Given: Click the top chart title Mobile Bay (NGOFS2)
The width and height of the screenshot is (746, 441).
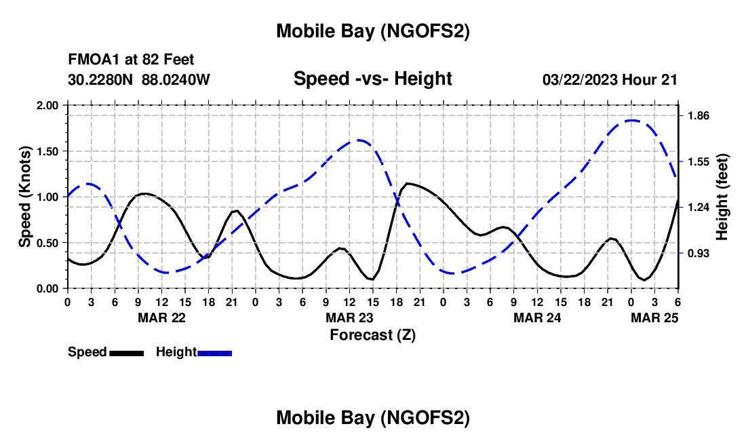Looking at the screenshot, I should point(372,31).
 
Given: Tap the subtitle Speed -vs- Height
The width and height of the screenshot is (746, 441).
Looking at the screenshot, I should point(372,79).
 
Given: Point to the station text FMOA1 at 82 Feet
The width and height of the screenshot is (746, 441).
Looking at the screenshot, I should point(131,60).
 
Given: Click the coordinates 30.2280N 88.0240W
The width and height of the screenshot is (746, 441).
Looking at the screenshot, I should point(139,79).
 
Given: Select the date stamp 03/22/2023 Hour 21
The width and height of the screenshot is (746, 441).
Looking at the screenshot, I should point(610,79).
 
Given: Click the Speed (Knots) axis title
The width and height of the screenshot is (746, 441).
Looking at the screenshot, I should point(25,196).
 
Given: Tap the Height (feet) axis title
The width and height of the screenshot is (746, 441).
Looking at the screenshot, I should point(722,196).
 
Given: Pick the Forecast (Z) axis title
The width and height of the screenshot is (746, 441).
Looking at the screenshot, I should point(372,334).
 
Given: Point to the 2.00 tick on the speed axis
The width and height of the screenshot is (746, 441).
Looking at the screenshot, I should point(48,106).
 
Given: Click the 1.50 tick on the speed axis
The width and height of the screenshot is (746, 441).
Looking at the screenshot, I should point(48,151).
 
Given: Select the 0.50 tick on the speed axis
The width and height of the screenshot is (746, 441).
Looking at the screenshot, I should point(48,243).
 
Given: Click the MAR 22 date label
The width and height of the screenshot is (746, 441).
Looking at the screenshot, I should point(161,318).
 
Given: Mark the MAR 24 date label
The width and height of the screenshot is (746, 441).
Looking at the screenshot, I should point(537,318).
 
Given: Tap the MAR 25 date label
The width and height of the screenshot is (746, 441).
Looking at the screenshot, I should point(655,318).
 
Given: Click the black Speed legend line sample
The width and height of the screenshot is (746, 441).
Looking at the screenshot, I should point(126,352).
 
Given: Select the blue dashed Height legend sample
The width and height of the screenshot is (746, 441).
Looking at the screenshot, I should point(214,352).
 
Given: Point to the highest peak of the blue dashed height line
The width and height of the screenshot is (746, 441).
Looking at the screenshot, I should point(632,120).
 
